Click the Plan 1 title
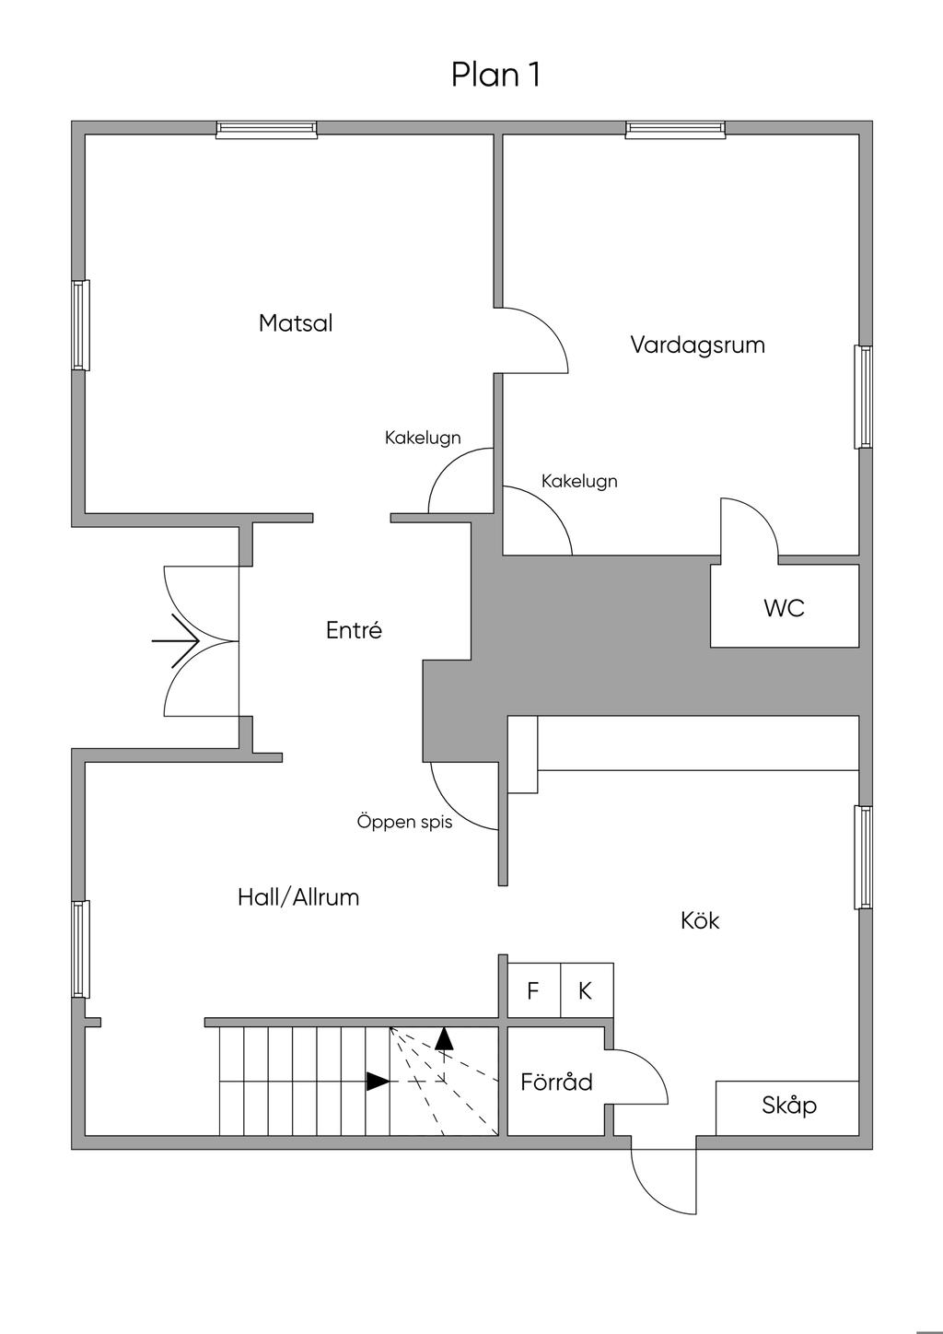[x=495, y=75]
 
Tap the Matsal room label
[x=296, y=322]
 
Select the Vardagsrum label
[x=698, y=345]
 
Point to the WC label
[x=784, y=608]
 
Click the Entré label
[x=354, y=629]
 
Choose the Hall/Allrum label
[x=298, y=897]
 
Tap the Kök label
[x=700, y=920]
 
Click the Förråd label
[x=556, y=1082]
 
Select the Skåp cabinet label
[x=789, y=1106]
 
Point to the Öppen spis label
[x=405, y=823]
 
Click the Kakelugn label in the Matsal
[x=423, y=438]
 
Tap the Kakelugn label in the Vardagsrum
[x=579, y=481]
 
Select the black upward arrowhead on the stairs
[x=444, y=1038]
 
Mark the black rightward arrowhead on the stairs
[x=378, y=1082]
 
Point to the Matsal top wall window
[x=267, y=129]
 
